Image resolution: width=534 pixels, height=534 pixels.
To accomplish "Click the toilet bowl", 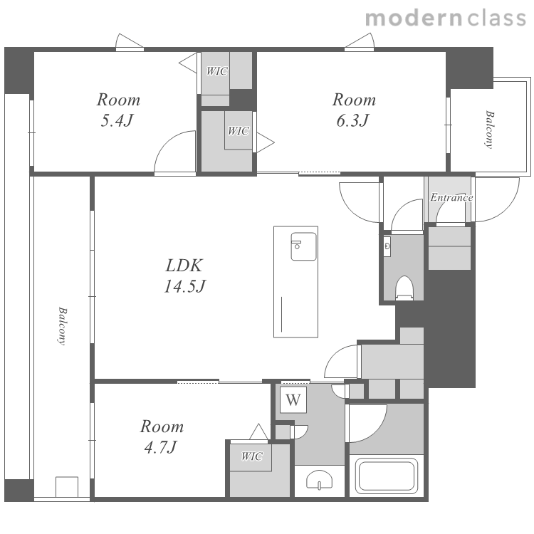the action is tap(404, 288).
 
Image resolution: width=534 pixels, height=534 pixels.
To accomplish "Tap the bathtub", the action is tap(387, 476).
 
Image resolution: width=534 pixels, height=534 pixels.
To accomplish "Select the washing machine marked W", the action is tap(293, 399).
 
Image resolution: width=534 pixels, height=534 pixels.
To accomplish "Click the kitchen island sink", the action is tap(303, 246).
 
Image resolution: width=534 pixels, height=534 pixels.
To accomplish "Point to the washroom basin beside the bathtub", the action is tap(319, 480).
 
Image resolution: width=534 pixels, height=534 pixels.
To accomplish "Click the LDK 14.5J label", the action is tap(184, 276).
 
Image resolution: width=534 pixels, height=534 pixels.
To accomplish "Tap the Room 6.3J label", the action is tap(353, 110).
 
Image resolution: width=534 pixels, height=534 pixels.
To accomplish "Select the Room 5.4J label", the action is tap(117, 110).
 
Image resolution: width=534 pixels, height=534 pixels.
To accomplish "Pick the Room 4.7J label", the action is tap(162, 436).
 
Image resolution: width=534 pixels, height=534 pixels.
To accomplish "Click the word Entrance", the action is tap(451, 197).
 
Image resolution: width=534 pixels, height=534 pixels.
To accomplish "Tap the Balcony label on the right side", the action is tap(489, 130).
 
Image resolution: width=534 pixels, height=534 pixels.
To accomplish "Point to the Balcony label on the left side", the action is tap(63, 326).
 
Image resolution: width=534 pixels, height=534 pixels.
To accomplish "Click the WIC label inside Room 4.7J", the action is tap(252, 456).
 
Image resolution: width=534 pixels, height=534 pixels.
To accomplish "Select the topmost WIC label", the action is tap(217, 70).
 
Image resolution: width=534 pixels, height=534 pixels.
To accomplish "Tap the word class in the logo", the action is tap(497, 18).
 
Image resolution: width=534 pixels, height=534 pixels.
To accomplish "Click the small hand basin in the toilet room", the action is tap(387, 246).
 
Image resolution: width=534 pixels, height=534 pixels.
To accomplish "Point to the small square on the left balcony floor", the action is tap(67, 487).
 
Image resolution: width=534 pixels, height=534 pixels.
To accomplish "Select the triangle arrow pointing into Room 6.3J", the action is tap(266, 142).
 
